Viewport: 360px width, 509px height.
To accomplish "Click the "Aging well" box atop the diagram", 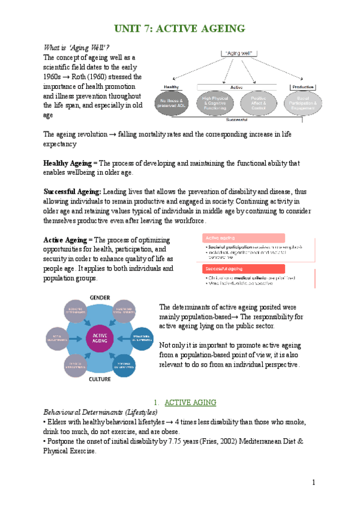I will (x=238, y=53).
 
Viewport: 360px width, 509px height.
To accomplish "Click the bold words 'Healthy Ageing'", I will (x=69, y=163).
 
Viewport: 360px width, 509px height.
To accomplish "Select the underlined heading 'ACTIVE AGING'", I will (x=190, y=402).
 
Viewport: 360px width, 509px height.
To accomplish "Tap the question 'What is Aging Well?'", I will (x=76, y=47).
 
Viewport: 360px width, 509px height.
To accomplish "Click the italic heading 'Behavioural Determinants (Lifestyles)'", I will (x=101, y=412).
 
